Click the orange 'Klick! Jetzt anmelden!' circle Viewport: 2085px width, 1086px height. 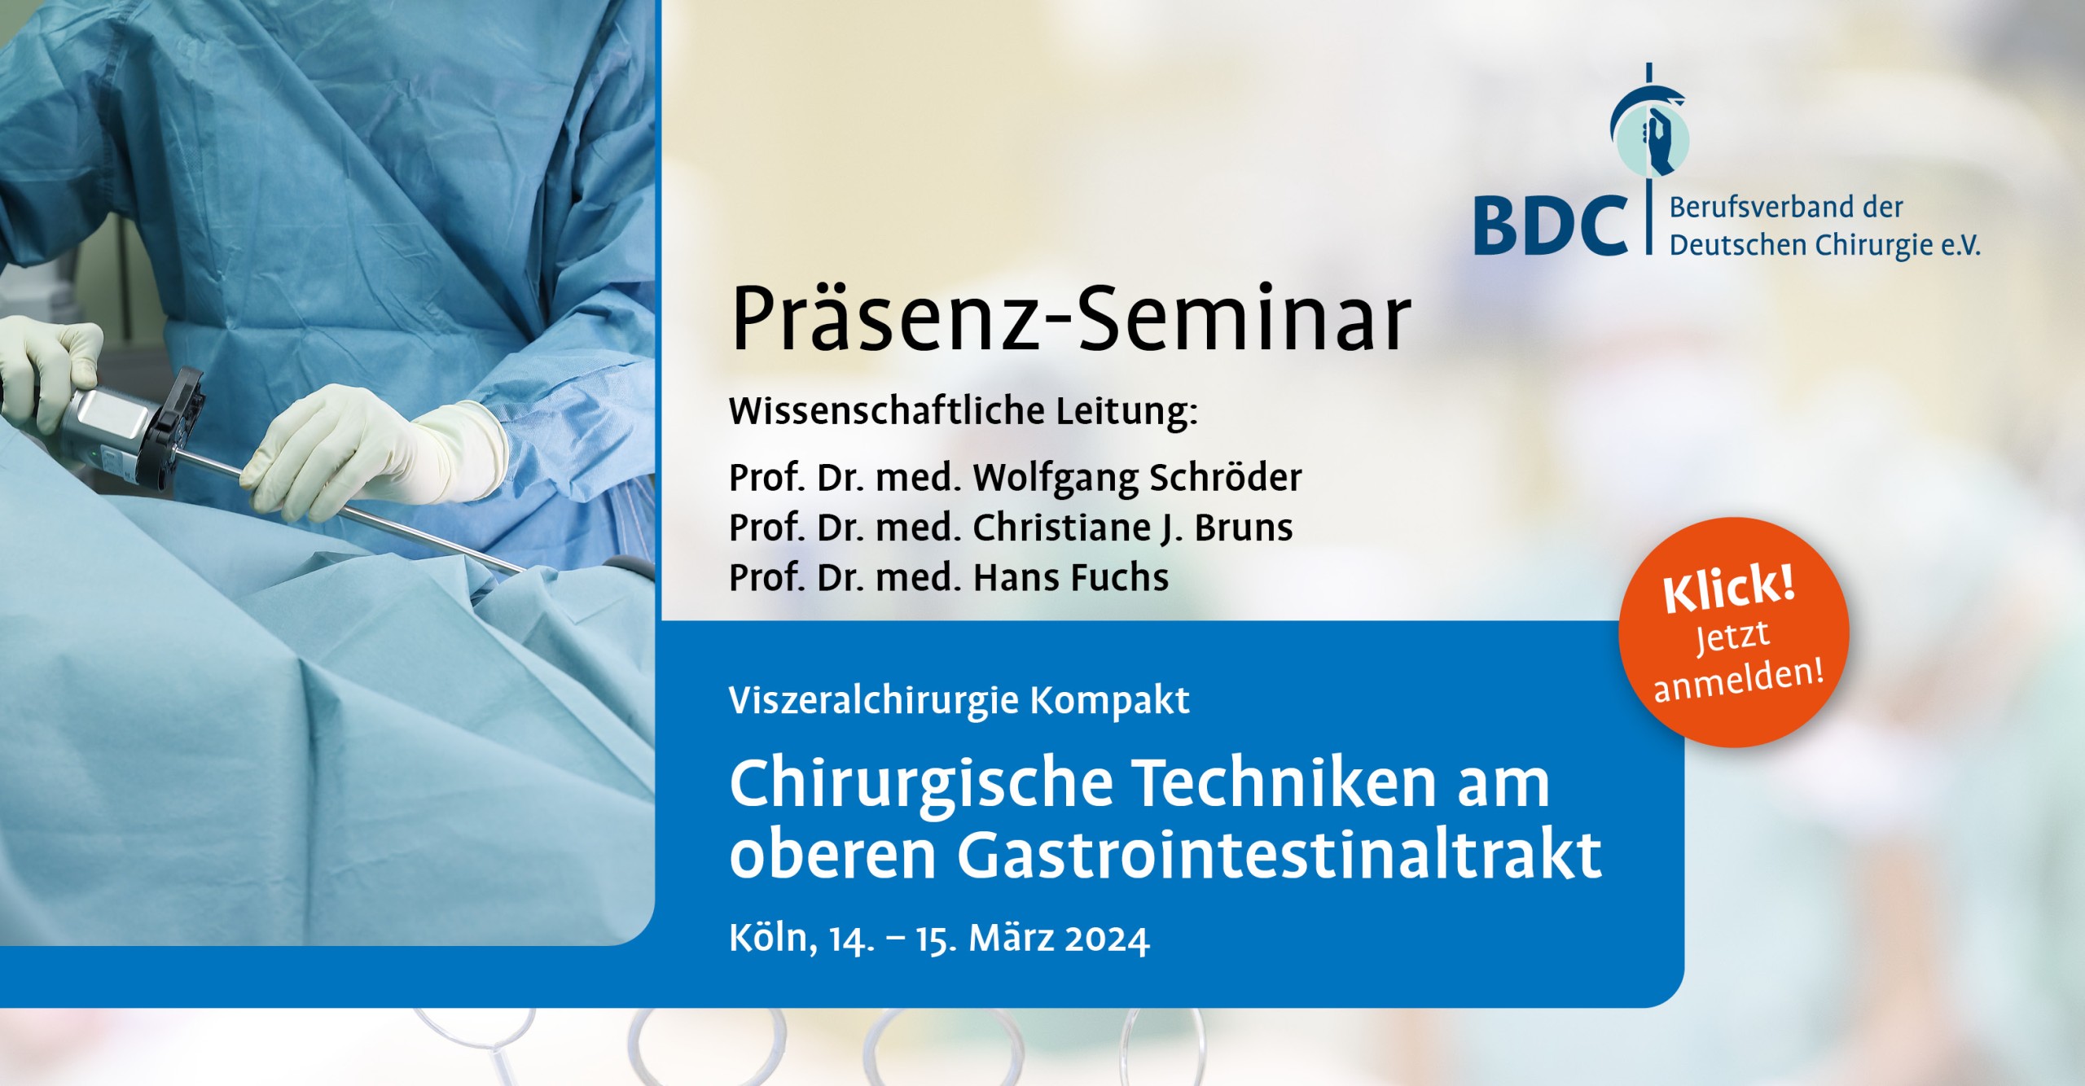[x=1734, y=632]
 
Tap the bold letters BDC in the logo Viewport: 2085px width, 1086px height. [x=1551, y=225]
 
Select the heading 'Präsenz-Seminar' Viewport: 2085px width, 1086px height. [x=1071, y=318]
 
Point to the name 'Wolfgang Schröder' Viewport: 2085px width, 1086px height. [x=1137, y=478]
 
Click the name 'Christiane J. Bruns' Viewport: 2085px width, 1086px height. [x=1133, y=528]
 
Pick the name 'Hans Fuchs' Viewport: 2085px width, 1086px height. [x=1071, y=577]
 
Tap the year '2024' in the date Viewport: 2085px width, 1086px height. [x=1107, y=939]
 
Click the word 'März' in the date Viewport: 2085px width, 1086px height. [x=1008, y=938]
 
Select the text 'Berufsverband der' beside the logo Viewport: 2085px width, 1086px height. [x=1786, y=208]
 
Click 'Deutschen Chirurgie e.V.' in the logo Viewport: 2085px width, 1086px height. [x=1824, y=245]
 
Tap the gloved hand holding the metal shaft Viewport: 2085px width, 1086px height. [x=375, y=452]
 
